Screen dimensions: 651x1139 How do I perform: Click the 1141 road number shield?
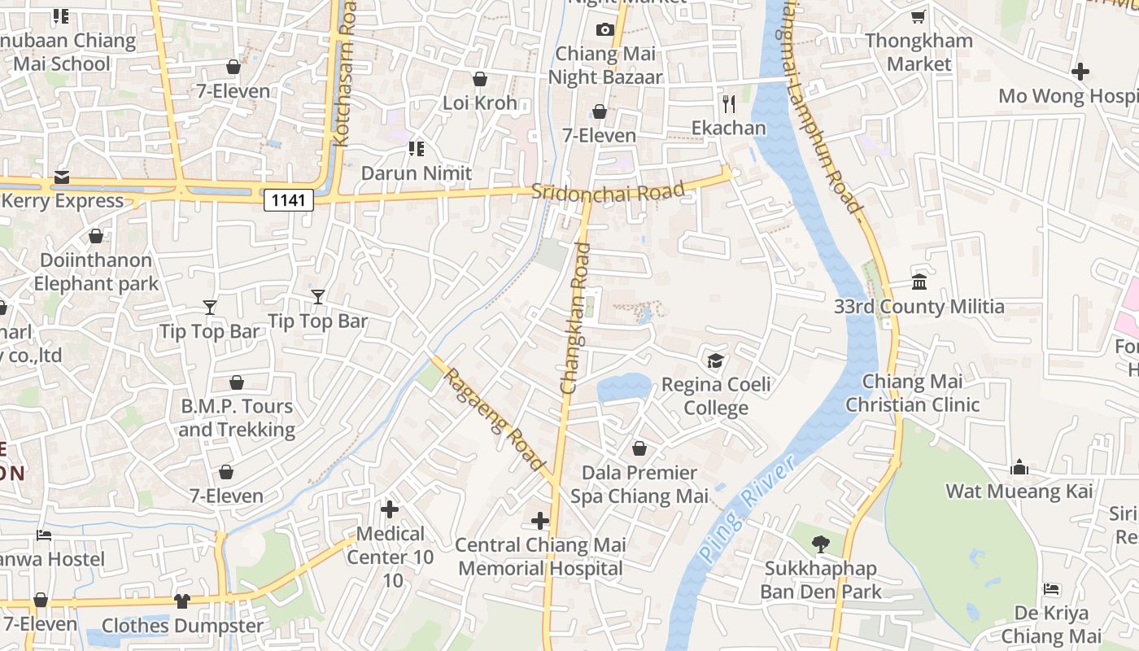pyautogui.click(x=288, y=200)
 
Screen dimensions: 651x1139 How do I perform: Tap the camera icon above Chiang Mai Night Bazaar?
pyautogui.click(x=604, y=30)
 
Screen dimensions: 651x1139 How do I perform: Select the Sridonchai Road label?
pyautogui.click(x=608, y=192)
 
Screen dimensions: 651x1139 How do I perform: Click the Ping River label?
pyautogui.click(x=747, y=509)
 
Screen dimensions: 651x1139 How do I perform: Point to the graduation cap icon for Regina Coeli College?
pyautogui.click(x=715, y=360)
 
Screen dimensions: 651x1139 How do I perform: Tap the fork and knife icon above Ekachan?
pyautogui.click(x=728, y=103)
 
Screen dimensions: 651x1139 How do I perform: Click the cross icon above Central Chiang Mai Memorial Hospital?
pyautogui.click(x=539, y=520)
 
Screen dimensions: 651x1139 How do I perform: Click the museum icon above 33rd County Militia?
pyautogui.click(x=919, y=282)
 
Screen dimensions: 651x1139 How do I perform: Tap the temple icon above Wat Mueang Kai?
pyautogui.click(x=1019, y=467)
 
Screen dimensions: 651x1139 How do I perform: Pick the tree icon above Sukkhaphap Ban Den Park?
pyautogui.click(x=820, y=544)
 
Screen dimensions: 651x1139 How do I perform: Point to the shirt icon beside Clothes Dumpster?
pyautogui.click(x=181, y=601)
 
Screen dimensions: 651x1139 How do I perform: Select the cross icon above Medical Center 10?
pyautogui.click(x=390, y=509)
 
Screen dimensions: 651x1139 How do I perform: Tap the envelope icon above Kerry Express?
pyautogui.click(x=62, y=177)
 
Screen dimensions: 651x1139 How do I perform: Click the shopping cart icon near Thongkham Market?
pyautogui.click(x=918, y=16)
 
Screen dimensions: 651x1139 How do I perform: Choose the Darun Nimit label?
pyautogui.click(x=416, y=173)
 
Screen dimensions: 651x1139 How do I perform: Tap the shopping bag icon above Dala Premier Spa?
pyautogui.click(x=639, y=448)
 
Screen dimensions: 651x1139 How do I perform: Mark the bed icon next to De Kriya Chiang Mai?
pyautogui.click(x=1051, y=588)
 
